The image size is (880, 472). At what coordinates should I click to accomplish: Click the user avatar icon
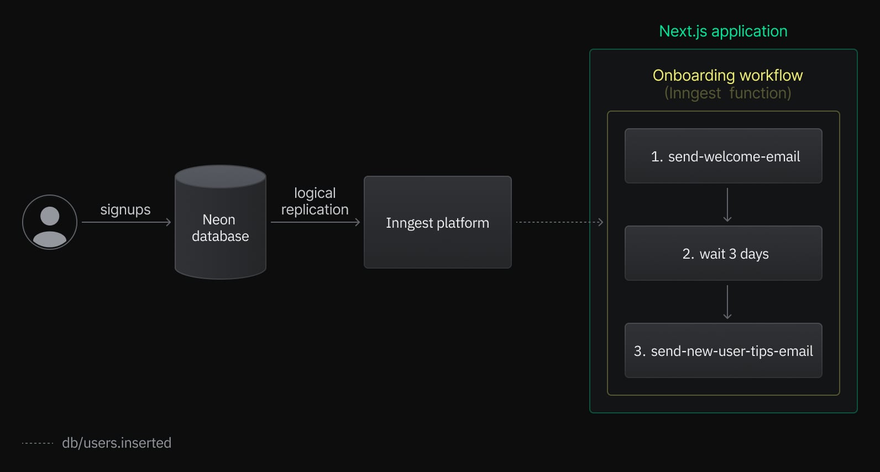coord(50,222)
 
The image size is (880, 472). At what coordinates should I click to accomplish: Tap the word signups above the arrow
coord(125,209)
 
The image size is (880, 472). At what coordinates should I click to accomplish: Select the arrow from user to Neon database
coord(126,222)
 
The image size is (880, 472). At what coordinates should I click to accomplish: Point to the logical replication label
coord(315,201)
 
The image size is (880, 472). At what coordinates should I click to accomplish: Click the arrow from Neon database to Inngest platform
coord(315,222)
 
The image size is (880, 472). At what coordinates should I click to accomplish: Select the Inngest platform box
coord(437,222)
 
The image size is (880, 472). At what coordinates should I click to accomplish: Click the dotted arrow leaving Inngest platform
coord(559,222)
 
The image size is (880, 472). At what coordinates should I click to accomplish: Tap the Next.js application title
coord(723,32)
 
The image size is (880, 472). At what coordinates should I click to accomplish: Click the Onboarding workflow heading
coord(727,75)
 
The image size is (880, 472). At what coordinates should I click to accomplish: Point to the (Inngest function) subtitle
coord(727,93)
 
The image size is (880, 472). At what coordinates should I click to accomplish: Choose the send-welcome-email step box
coord(723,156)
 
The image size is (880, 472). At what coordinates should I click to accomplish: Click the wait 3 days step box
coord(723,253)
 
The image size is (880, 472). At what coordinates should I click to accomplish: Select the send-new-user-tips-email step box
coord(723,350)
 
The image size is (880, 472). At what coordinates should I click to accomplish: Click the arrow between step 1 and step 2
coord(727,204)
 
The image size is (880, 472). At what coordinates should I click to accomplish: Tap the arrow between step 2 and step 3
coord(727,302)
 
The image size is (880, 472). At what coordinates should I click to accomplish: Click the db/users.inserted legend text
coord(117,443)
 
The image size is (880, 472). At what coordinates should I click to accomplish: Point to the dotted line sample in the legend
coord(38,443)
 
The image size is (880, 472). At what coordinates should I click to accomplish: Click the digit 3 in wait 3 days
coord(732,254)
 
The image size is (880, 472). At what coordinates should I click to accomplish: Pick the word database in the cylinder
coord(221,236)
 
